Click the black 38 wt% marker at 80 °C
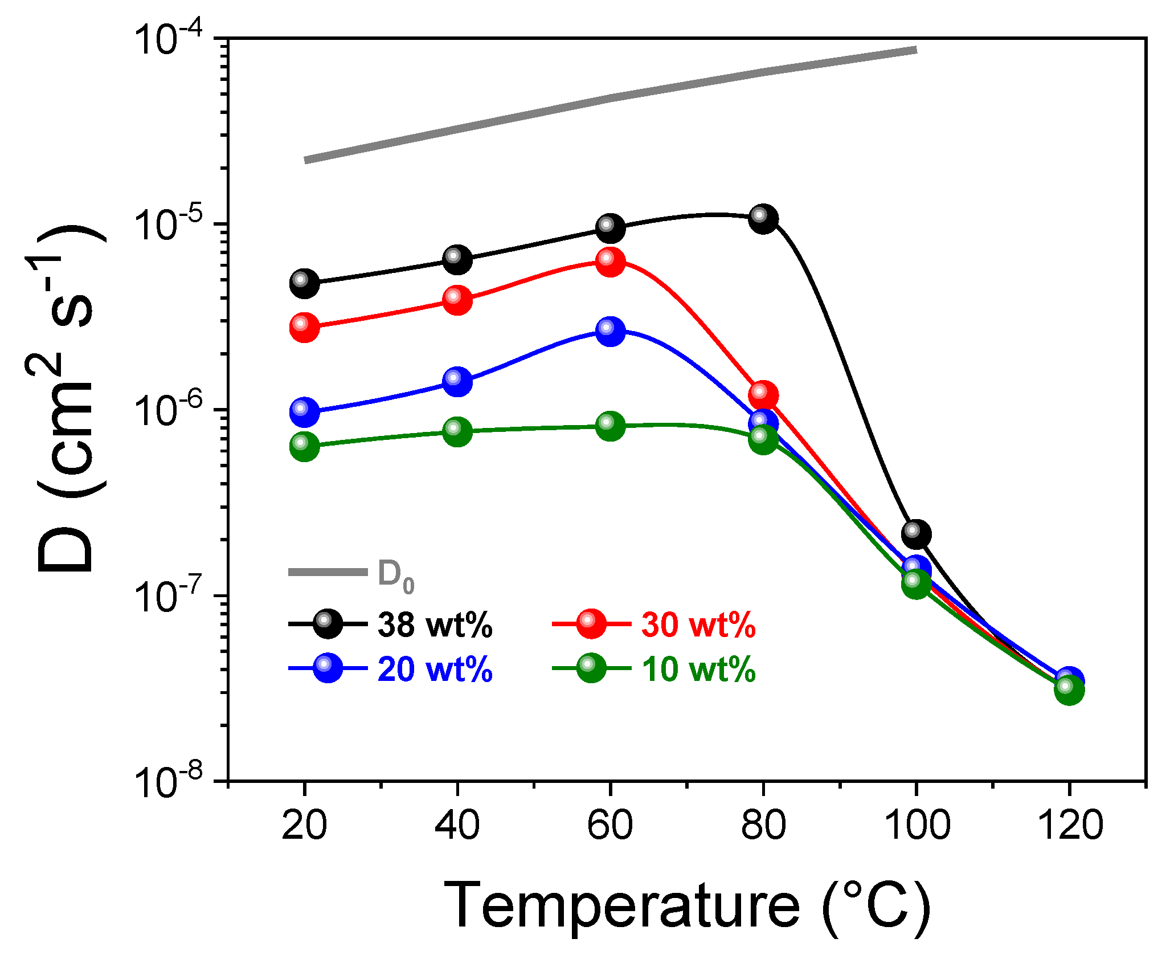(763, 219)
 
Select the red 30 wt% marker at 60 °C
(611, 262)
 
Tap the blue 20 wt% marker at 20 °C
(304, 412)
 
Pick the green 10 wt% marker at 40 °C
(457, 431)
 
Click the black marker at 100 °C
(916, 534)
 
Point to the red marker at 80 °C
(763, 394)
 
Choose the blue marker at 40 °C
(457, 381)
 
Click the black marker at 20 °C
(304, 283)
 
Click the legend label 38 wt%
(435, 625)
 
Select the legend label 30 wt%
(698, 625)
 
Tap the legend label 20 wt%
(435, 669)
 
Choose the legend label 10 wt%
(698, 669)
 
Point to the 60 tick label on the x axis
(610, 825)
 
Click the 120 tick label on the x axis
(1070, 825)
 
